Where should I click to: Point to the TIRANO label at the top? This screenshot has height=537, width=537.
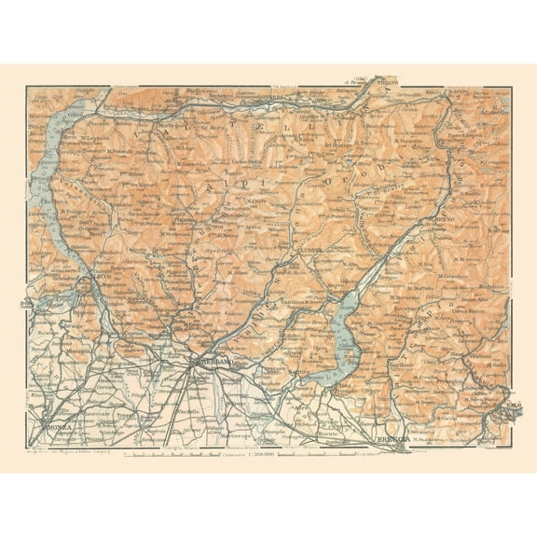point(384,83)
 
